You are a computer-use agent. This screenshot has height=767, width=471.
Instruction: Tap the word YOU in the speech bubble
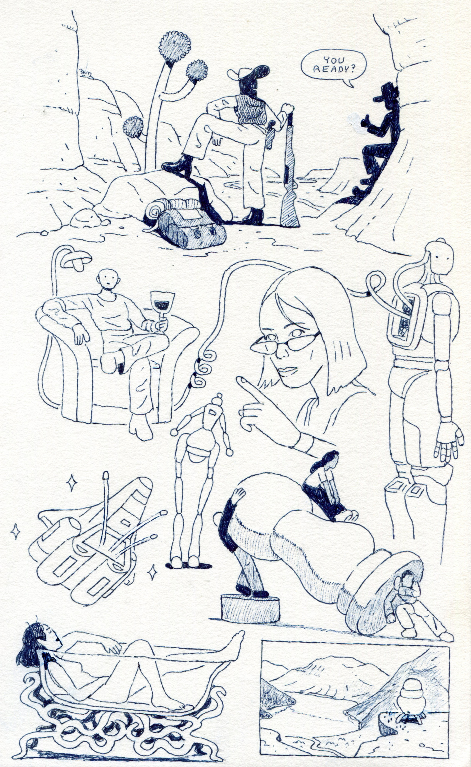point(333,60)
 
